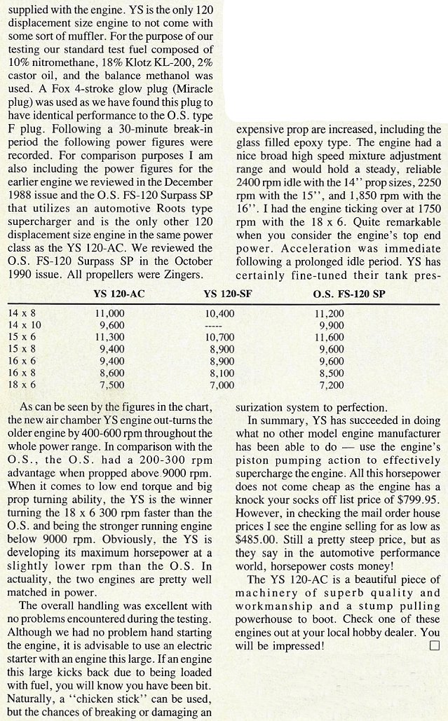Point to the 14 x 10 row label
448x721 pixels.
25,325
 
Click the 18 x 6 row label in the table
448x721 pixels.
23,385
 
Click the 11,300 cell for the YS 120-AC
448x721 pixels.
112,336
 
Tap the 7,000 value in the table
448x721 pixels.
222,385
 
